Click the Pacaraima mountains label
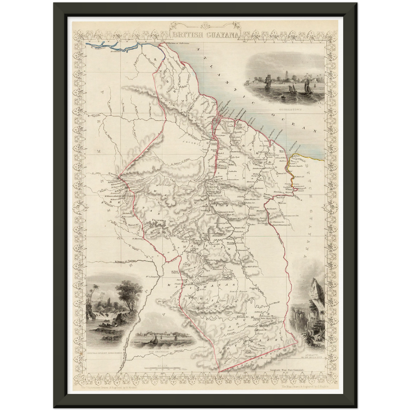(159, 220)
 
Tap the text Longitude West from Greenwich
(287, 369)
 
